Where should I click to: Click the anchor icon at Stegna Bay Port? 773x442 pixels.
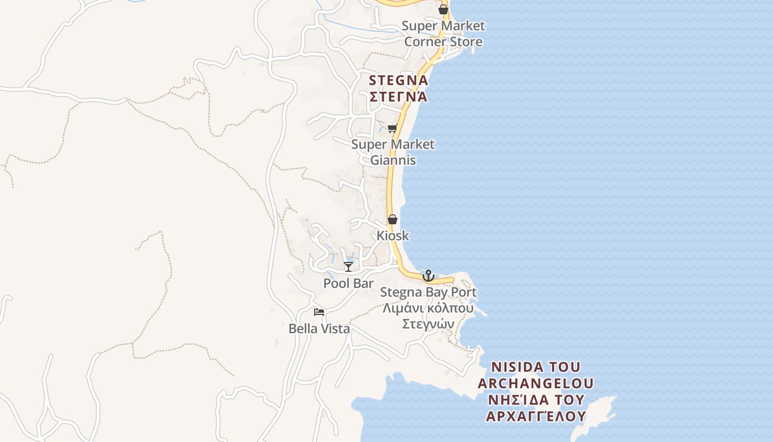(428, 275)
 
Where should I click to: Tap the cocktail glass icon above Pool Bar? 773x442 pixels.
(348, 267)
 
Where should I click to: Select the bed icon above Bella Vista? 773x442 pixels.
(319, 312)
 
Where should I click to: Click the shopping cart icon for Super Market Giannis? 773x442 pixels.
(392, 129)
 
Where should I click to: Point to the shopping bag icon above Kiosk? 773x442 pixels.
(392, 219)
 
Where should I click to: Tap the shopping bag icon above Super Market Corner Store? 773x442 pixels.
(443, 9)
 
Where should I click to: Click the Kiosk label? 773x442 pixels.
(393, 235)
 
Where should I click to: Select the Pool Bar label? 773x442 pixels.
(348, 283)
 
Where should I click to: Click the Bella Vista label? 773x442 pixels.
(319, 329)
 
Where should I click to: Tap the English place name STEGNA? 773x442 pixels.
(398, 81)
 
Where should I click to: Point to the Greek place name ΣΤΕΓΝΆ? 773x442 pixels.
(398, 97)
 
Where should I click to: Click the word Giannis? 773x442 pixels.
(393, 160)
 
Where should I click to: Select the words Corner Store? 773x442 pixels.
(443, 41)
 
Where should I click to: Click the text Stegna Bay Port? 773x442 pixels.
(428, 292)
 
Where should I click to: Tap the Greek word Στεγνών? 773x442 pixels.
(428, 324)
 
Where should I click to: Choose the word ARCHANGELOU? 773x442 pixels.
(536, 383)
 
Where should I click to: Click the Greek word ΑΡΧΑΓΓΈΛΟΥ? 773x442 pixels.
(536, 415)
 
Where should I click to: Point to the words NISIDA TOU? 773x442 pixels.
(536, 367)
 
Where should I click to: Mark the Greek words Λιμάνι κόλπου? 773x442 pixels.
(428, 308)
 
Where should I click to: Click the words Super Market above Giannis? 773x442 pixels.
(393, 144)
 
